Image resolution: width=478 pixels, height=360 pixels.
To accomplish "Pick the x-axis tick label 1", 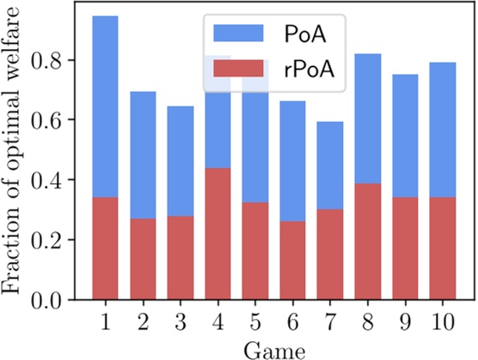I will (105, 320).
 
